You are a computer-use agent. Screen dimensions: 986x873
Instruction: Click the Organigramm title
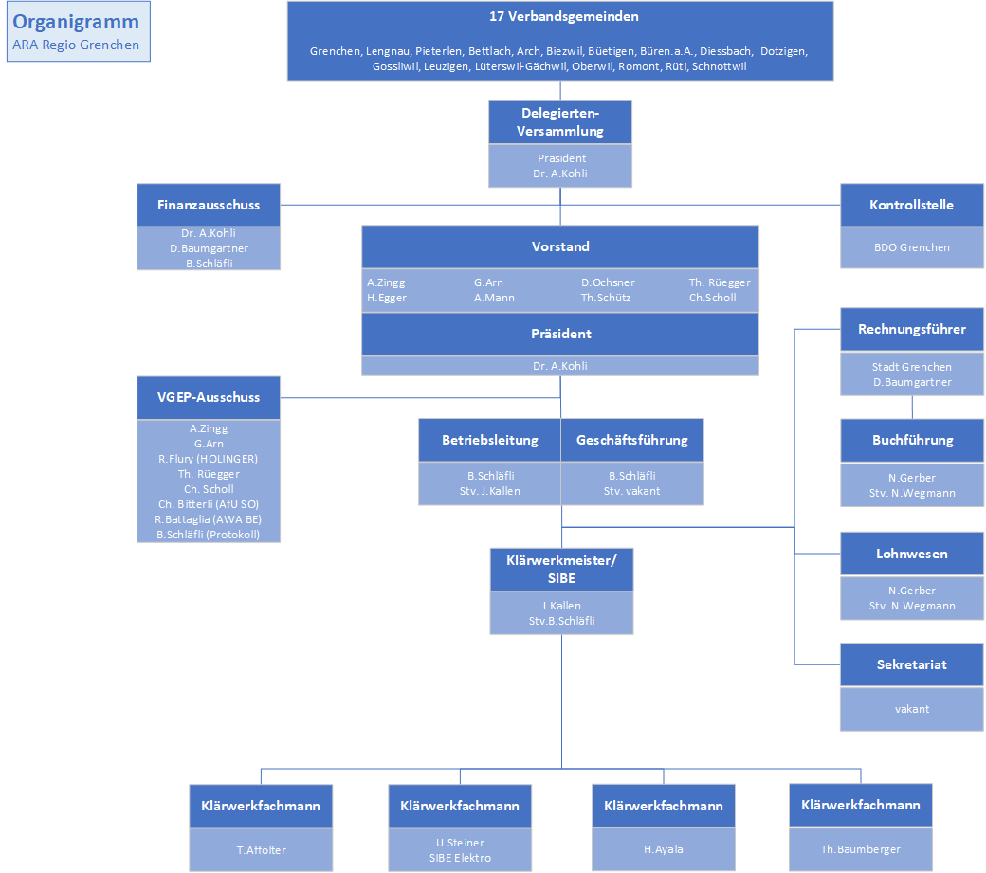click(76, 22)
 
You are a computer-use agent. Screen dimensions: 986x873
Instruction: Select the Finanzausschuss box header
click(209, 205)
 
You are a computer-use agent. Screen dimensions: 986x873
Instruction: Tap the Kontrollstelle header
click(912, 205)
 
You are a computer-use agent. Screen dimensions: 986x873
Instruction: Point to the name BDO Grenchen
click(912, 247)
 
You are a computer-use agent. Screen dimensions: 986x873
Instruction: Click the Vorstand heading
click(560, 246)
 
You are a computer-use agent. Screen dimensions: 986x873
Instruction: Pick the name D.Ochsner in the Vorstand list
click(608, 282)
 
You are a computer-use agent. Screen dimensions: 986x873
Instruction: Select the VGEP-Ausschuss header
click(209, 397)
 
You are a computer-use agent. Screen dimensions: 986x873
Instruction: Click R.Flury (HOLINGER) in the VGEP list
click(209, 459)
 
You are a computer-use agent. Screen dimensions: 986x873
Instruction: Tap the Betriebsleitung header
click(490, 440)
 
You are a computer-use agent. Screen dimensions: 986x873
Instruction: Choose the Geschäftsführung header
click(632, 440)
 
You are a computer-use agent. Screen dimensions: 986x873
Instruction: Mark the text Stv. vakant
click(632, 492)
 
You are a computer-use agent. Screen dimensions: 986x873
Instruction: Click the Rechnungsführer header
click(912, 329)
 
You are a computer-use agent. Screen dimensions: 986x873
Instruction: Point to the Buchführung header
click(912, 440)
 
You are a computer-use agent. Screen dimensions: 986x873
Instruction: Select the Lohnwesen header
click(912, 554)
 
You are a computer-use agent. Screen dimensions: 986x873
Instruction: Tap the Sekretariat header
click(912, 664)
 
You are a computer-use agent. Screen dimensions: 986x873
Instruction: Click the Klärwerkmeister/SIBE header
click(561, 570)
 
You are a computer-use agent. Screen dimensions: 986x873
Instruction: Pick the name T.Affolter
click(261, 850)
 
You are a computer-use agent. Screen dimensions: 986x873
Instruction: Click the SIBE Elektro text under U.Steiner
click(461, 858)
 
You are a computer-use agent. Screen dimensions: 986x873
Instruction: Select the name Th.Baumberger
click(860, 849)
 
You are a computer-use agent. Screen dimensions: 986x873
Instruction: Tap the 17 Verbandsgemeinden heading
click(564, 16)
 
